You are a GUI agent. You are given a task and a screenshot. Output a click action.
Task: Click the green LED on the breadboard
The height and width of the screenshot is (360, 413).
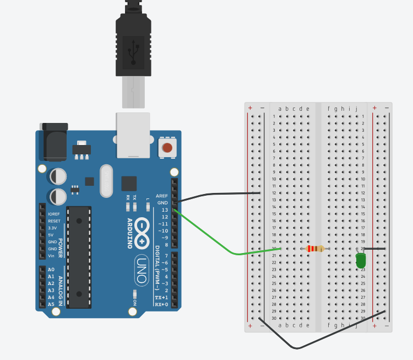361,260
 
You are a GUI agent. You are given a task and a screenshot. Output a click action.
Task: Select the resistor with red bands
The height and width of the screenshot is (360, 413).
315,249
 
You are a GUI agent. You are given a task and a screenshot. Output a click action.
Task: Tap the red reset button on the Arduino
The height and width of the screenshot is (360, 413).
167,147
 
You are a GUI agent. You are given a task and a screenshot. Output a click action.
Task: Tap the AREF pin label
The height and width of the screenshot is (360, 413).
162,196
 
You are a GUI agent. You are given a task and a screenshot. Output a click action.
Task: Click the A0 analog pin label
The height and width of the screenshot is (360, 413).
51,270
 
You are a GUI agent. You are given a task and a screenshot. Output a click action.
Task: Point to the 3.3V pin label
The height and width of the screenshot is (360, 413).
53,228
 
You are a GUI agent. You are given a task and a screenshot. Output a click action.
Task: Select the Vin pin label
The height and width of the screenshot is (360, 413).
52,256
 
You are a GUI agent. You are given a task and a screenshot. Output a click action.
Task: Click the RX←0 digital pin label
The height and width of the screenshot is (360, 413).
161,304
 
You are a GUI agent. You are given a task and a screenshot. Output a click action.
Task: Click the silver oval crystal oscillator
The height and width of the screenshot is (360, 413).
106,181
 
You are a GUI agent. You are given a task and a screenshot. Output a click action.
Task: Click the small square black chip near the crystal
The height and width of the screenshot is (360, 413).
129,184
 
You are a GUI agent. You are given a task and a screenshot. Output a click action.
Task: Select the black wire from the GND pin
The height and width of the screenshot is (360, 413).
220,194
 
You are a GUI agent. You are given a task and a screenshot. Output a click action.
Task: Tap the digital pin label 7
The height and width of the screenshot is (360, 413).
166,256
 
